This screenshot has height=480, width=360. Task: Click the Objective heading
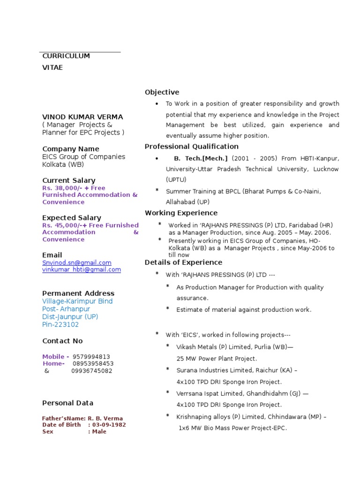[x=162, y=92]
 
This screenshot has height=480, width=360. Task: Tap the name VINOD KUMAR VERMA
[x=82, y=117]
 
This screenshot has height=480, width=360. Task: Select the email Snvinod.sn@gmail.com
[x=77, y=263]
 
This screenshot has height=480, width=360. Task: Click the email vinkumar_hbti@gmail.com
[x=82, y=270]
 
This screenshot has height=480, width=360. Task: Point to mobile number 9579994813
[x=91, y=357]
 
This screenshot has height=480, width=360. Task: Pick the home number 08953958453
[x=93, y=364]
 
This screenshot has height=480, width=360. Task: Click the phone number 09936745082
[x=91, y=371]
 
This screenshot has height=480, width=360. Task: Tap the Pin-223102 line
[x=60, y=325]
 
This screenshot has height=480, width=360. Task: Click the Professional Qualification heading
[x=191, y=147]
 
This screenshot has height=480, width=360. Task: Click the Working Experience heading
[x=181, y=213]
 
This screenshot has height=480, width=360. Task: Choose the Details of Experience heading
[x=183, y=262]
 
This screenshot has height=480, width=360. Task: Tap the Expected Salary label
[x=71, y=218]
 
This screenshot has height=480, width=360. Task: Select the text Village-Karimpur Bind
[x=77, y=301]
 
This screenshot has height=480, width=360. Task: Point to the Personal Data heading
[x=67, y=403]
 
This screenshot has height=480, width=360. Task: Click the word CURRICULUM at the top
[x=66, y=56]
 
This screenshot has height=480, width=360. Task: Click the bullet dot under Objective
[x=157, y=104]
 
